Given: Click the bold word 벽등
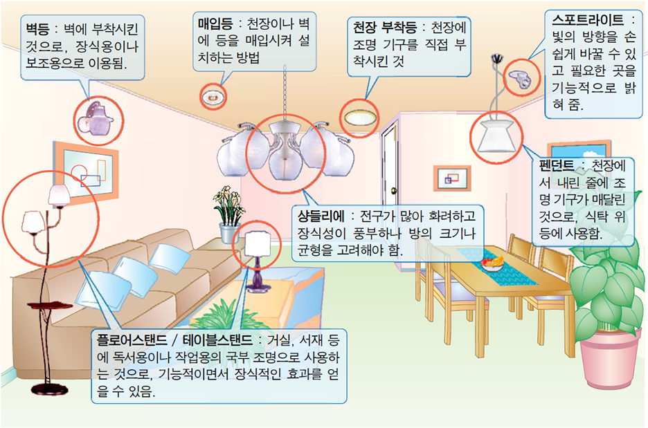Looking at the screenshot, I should pyautogui.click(x=36, y=32).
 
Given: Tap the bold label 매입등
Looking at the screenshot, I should pyautogui.click(x=213, y=24).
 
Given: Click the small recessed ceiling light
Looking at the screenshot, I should pyautogui.click(x=213, y=97).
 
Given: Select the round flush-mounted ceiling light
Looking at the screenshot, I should pyautogui.click(x=361, y=115).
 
